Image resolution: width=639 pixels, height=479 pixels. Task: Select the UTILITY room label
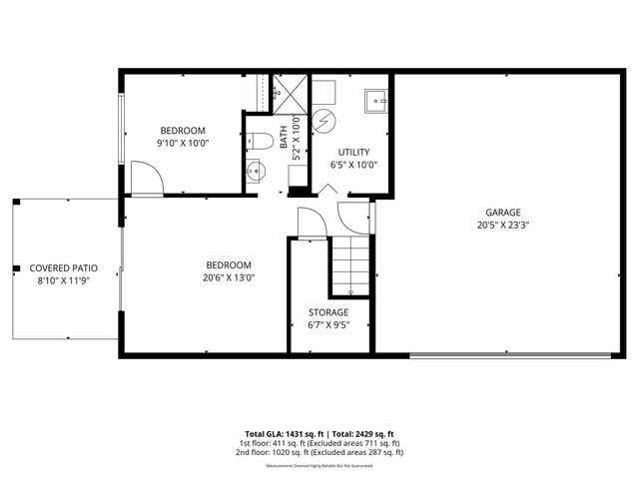[x=353, y=152]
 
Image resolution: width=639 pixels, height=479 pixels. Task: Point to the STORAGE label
[x=327, y=312]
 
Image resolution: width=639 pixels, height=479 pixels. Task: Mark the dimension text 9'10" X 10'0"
[x=183, y=143]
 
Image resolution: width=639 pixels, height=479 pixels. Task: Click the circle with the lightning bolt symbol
[x=326, y=122]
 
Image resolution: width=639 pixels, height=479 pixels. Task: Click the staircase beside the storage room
[x=350, y=265]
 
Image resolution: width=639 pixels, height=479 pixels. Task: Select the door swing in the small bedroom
[x=148, y=180]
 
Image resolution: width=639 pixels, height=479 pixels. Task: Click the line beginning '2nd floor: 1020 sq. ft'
[x=319, y=452]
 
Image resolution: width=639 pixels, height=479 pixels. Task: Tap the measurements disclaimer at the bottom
[x=319, y=465]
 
